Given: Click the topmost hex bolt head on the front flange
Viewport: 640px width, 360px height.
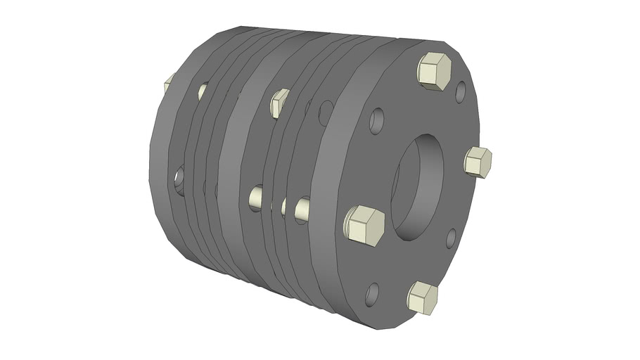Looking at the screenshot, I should pos(434,72).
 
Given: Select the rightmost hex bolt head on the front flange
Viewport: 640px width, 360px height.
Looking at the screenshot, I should pos(478,162).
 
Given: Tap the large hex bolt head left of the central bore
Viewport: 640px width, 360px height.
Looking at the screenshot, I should pos(364,226).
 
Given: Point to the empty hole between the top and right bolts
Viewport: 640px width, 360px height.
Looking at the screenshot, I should pos(460,91).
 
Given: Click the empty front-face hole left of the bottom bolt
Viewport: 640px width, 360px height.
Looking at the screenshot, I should pos(373,292).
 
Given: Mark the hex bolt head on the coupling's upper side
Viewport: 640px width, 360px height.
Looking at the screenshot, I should pos(280,103).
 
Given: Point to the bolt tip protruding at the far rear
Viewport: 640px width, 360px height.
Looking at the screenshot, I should pos(167,85).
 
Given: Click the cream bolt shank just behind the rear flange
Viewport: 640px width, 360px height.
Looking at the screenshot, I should pos(203,91).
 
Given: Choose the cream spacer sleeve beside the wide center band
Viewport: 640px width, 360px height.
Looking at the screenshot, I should pos(257,198).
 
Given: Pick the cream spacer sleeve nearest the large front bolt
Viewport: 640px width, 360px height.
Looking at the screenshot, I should pos(302,207).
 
